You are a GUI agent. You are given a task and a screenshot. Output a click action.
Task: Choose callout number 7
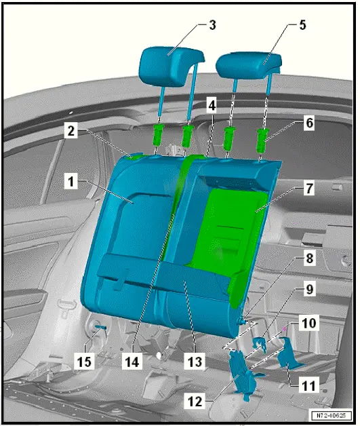pyautogui.click(x=310, y=188)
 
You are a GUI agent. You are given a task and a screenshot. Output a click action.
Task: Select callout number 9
pyautogui.click(x=310, y=289)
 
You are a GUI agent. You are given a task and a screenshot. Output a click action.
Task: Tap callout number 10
pyautogui.click(x=310, y=324)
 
